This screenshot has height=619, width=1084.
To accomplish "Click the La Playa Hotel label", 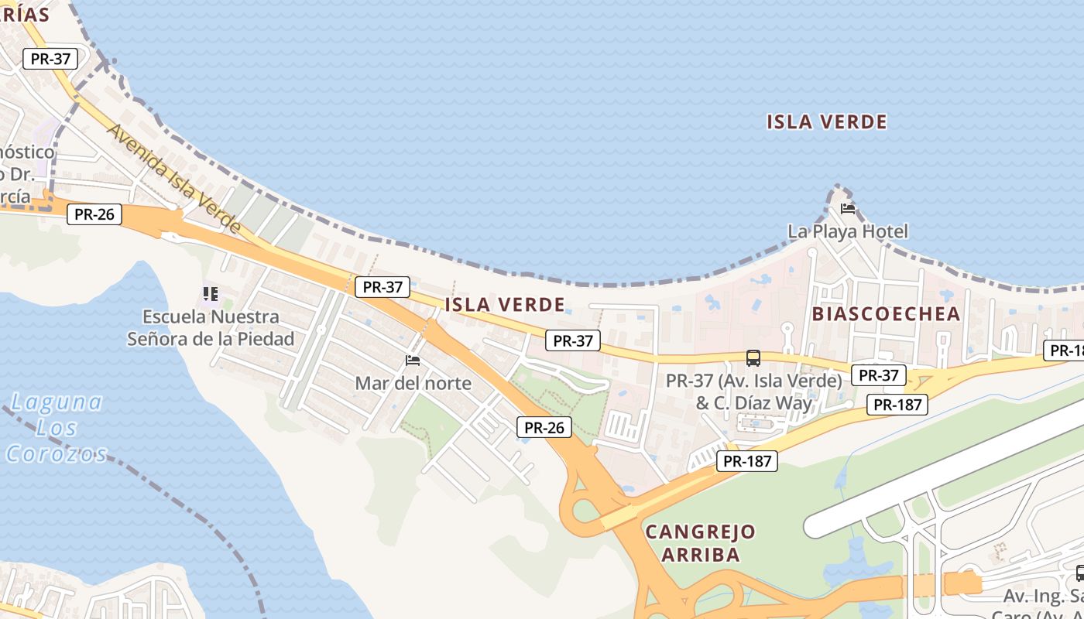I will coord(847,231).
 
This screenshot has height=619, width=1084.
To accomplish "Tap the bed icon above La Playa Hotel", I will coord(848,208).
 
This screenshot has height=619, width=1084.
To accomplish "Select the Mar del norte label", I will coord(413,383).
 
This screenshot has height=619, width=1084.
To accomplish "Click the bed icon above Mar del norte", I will coord(413,360).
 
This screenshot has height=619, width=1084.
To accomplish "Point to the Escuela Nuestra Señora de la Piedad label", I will coord(211,327).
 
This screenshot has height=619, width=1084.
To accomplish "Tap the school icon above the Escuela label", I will coord(210,293).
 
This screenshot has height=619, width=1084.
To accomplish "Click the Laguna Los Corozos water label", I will coord(56,427).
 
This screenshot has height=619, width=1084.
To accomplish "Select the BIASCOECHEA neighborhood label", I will coord(886,313).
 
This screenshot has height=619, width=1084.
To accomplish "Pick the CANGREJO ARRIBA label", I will coord(700,542).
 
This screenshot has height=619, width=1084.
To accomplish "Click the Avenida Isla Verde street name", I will coord(174,177).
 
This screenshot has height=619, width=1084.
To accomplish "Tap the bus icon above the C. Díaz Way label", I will coord(753,357).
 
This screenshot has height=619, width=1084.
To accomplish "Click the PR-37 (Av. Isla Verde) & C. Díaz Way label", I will coord(753,392).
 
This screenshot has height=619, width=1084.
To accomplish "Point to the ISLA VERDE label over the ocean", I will coord(826,121).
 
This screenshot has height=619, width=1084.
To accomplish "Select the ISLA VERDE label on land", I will coord(504,304).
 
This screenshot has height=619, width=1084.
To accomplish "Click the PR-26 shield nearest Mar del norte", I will coord(544,426).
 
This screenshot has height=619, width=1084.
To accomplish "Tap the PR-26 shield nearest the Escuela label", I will coord(94,214).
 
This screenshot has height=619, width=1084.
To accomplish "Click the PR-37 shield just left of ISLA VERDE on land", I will coord(382,286).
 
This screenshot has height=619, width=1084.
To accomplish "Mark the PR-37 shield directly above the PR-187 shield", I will coord(878,375).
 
